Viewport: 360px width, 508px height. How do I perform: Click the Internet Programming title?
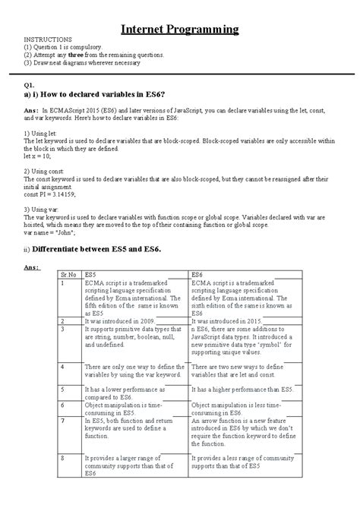pyautogui.click(x=180, y=30)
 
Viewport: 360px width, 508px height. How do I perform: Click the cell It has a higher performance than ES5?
pyautogui.click(x=242, y=389)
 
